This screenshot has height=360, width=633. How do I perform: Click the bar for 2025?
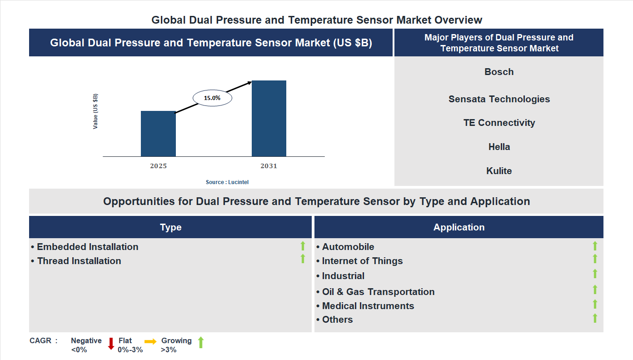click(158, 134)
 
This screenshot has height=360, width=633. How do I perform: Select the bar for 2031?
click(269, 119)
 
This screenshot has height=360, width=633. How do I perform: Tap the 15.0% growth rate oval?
click(212, 98)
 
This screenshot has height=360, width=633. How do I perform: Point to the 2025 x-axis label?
click(158, 166)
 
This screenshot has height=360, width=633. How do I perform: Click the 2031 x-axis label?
click(269, 166)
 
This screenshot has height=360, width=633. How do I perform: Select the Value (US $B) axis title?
click(95, 111)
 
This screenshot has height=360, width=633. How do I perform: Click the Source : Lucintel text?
click(227, 182)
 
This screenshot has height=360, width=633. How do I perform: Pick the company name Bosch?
click(499, 72)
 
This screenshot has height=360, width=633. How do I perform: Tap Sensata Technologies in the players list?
click(499, 99)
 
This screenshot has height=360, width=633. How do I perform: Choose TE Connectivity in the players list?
click(499, 123)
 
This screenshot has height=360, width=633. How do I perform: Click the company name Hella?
click(499, 147)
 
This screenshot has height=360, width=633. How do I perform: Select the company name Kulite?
click(499, 171)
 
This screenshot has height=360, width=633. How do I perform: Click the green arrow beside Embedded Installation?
click(303, 246)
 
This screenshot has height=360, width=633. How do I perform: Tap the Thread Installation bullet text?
click(79, 261)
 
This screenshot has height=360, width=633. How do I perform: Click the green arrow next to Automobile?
click(595, 246)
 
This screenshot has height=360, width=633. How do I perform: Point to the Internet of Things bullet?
click(362, 261)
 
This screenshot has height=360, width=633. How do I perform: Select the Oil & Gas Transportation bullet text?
click(378, 292)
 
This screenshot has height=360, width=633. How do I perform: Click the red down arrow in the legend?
click(111, 344)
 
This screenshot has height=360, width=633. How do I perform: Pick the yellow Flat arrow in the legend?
click(150, 341)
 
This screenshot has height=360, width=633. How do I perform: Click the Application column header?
click(459, 227)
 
